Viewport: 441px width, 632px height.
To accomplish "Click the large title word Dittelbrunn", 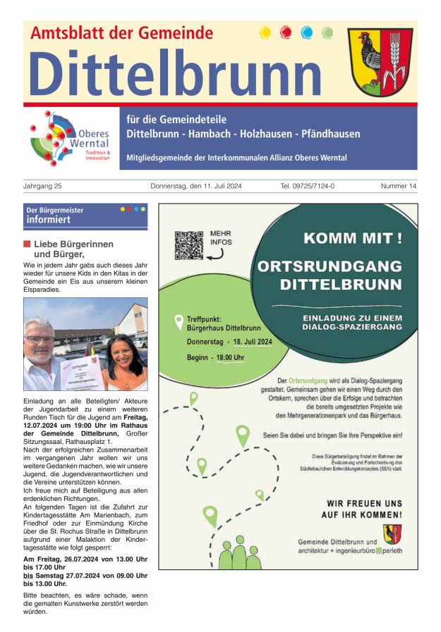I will [x=175, y=73].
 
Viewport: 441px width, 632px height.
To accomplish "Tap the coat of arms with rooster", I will [x=380, y=63].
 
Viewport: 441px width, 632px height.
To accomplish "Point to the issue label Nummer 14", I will [x=399, y=186].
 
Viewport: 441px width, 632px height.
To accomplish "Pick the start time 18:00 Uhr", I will [x=225, y=357].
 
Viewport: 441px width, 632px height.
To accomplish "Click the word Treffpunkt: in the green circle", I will [x=206, y=318].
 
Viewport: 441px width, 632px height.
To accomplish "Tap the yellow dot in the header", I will [x=265, y=32].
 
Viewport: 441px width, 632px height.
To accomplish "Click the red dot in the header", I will [x=286, y=32].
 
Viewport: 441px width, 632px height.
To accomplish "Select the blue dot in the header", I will [x=306, y=32].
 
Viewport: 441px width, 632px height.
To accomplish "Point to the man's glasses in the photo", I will [x=40, y=340].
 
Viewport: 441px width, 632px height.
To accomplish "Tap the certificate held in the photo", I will [x=80, y=371].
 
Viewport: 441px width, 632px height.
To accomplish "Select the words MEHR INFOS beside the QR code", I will [x=221, y=237].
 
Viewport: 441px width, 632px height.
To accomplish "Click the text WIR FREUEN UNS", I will [x=364, y=503].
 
